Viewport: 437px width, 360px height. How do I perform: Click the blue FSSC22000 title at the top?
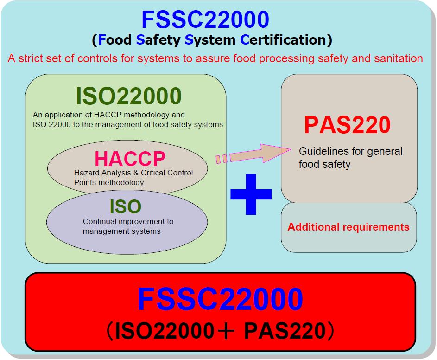click(205, 19)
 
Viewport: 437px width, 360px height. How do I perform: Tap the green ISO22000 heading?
click(129, 96)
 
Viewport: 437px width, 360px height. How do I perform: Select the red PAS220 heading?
click(348, 125)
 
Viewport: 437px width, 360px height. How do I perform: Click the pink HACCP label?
click(130, 159)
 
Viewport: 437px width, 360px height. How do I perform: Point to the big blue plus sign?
click(251, 194)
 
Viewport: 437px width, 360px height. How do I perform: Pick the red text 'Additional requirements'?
click(348, 227)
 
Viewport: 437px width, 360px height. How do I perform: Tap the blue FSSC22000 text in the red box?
click(221, 299)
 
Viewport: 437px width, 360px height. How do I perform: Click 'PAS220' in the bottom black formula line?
click(285, 331)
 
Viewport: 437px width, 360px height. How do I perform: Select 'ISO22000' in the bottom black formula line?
click(163, 331)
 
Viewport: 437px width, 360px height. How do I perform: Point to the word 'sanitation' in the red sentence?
click(399, 58)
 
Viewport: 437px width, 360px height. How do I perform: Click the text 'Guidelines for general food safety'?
click(350, 157)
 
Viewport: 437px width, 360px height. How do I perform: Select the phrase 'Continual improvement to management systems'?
click(128, 226)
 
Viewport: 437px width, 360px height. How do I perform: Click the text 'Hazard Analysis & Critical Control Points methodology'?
click(133, 177)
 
